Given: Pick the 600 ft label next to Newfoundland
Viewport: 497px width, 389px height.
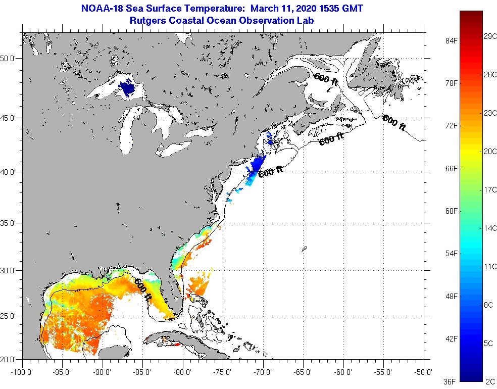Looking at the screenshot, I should click(x=394, y=122).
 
